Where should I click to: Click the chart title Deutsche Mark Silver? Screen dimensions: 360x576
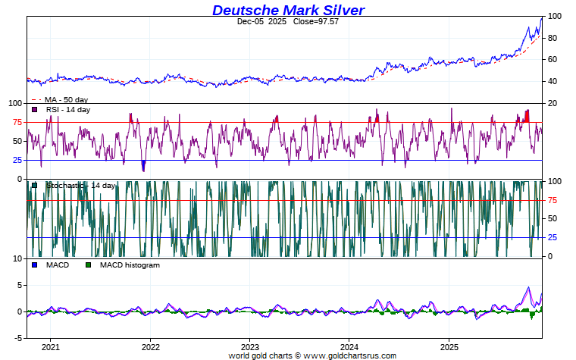(288, 10)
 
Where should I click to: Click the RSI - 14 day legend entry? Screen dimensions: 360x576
(67, 110)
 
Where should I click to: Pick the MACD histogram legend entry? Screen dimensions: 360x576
(130, 265)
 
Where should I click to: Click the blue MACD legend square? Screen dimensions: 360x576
(35, 265)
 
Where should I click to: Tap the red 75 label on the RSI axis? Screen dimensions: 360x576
(16, 122)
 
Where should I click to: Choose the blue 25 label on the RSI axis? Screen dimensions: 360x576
(16, 160)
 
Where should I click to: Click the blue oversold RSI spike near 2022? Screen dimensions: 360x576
(143, 166)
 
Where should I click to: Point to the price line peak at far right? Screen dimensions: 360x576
(541, 17)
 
